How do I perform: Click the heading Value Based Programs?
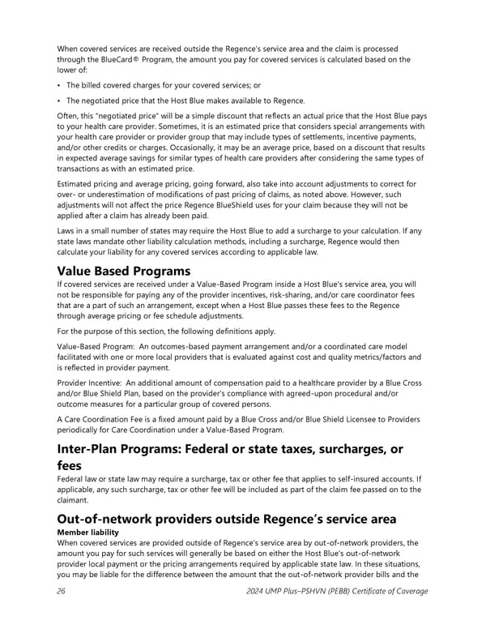click(x=123, y=271)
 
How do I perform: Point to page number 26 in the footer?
click(x=61, y=591)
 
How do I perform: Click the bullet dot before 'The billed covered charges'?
click(x=59, y=85)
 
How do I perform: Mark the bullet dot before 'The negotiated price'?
click(x=59, y=101)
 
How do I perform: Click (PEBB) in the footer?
click(x=356, y=591)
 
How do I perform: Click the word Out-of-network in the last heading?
click(x=106, y=520)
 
